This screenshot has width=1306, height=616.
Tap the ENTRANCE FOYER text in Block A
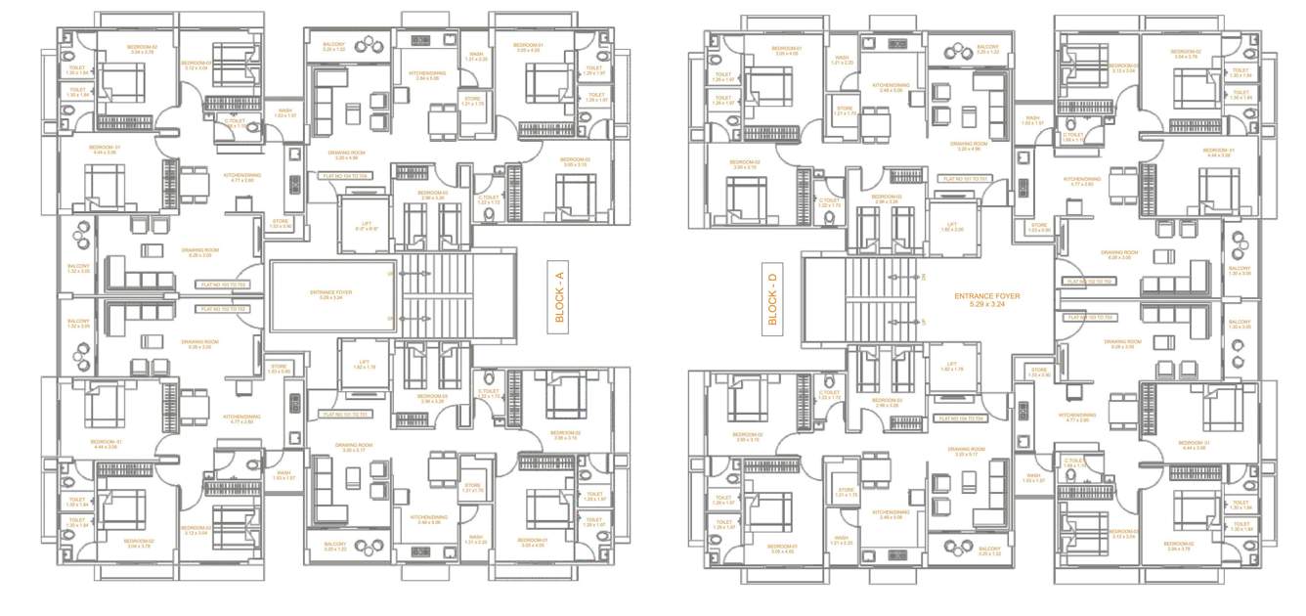click(330, 293)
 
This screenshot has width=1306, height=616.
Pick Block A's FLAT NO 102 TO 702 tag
click(224, 309)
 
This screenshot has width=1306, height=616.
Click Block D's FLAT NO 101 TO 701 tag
click(965, 180)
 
